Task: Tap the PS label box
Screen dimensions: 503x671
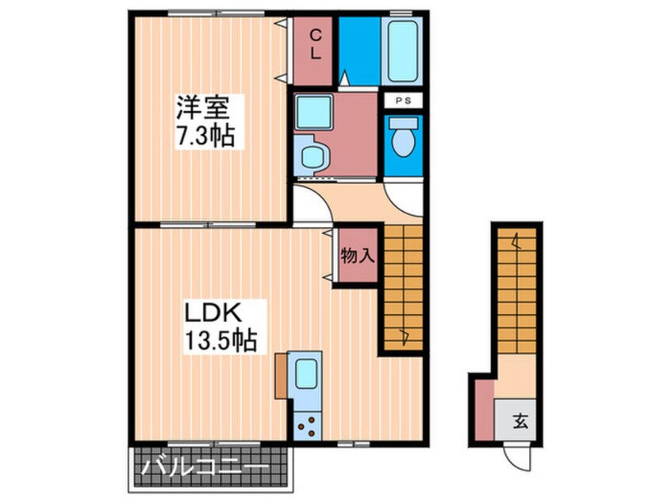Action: click(x=404, y=101)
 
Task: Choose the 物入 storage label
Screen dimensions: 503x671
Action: click(x=356, y=255)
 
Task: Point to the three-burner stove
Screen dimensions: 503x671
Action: click(x=306, y=428)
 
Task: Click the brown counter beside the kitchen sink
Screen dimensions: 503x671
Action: click(x=282, y=376)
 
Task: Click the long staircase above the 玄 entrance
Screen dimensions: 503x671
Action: click(x=516, y=302)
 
